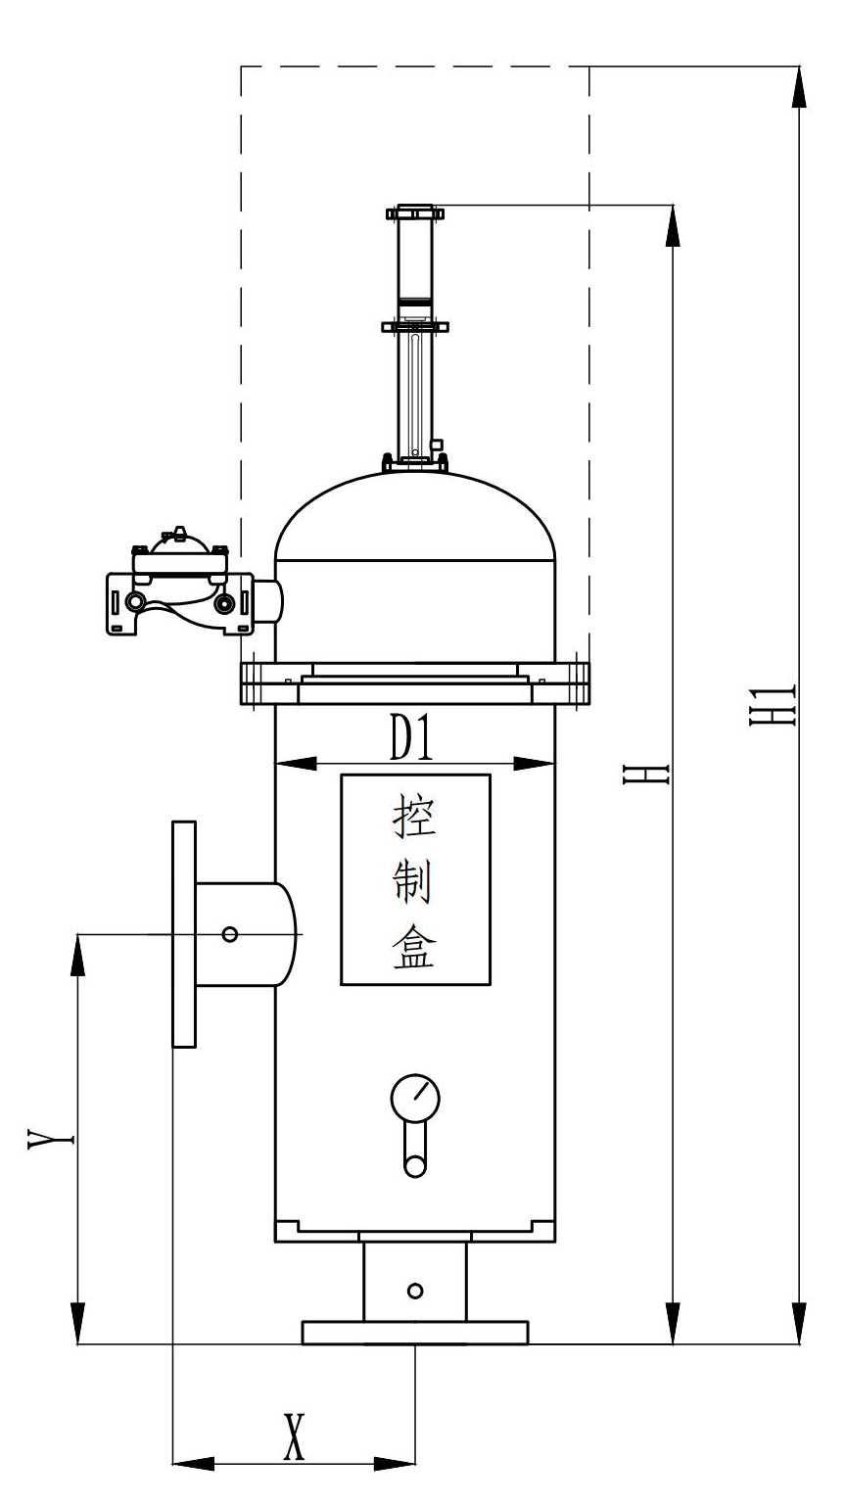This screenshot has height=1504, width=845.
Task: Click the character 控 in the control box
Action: point(414,815)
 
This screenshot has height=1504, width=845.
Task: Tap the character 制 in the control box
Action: point(414,880)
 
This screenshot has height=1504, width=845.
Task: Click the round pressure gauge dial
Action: point(415,1098)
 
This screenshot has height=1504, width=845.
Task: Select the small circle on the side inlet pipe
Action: point(230,934)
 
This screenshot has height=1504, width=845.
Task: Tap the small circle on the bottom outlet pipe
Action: point(415,1291)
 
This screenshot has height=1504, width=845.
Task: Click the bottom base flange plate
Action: point(415,1333)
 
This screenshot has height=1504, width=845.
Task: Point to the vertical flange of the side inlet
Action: point(183,934)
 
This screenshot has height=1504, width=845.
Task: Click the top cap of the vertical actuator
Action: point(415,212)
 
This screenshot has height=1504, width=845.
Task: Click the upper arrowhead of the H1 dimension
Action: point(800,88)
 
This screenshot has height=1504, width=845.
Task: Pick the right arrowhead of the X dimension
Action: point(396,1465)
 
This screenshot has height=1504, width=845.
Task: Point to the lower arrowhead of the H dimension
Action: point(674,1323)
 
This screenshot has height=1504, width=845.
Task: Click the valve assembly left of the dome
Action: point(178,587)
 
